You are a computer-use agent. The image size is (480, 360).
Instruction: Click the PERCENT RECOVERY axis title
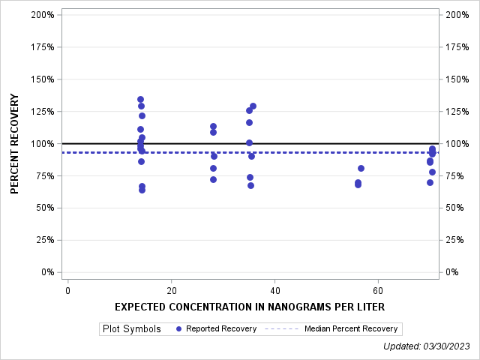15,144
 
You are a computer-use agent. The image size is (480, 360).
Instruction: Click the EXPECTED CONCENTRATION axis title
250,307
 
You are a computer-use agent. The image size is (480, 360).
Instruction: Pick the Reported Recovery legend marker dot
178,328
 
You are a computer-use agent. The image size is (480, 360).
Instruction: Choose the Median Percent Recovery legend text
351,328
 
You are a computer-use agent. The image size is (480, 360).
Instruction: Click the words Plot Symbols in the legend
132,328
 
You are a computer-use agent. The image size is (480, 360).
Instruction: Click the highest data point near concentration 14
140,99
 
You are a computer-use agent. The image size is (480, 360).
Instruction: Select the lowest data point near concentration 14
142,190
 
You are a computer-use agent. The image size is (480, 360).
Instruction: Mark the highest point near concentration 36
253,106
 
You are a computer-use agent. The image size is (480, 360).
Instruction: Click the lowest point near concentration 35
250,185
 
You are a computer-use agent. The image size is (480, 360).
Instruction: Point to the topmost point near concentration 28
213,127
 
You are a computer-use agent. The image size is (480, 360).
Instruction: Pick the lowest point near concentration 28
213,179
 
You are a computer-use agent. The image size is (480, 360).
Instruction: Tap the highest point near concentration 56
361,168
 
